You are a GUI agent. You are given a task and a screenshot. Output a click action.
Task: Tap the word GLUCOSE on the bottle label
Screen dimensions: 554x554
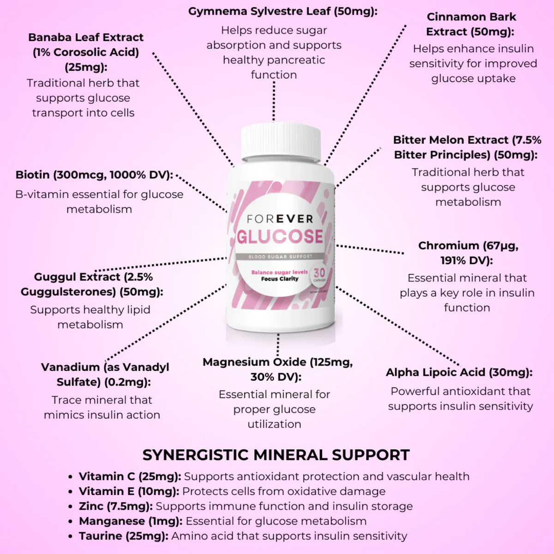click(280, 236)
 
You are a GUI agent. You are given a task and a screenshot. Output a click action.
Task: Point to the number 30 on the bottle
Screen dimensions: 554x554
click(319, 273)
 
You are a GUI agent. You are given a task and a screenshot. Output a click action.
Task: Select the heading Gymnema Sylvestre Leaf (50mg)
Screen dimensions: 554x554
click(283, 12)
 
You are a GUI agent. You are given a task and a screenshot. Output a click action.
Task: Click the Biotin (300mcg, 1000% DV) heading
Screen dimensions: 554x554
click(94, 175)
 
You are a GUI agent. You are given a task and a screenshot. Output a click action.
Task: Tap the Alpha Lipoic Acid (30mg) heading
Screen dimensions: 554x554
click(459, 372)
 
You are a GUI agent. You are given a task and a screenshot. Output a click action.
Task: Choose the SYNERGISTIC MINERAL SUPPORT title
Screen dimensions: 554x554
click(276, 455)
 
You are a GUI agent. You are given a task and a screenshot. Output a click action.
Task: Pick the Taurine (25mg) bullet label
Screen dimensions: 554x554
click(123, 536)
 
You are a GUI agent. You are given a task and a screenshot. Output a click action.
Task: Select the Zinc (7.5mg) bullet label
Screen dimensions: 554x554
click(115, 506)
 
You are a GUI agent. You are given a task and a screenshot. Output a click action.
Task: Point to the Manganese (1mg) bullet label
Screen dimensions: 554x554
click(131, 521)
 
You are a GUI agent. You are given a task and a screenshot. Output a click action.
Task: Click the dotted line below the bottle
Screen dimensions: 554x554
click(278, 344)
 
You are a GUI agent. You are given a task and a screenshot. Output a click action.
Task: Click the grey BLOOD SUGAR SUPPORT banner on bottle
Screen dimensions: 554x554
click(280, 256)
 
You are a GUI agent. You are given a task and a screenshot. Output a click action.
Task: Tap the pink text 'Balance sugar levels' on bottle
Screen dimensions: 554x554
click(279, 272)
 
